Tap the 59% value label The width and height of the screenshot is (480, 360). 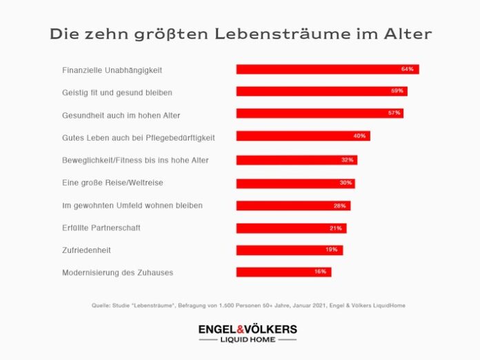click(x=397, y=92)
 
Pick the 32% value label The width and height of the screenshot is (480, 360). click(x=347, y=160)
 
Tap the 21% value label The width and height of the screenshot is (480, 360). click(x=336, y=228)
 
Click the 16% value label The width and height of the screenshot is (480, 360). click(x=320, y=272)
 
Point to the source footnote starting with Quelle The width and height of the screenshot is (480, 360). click(x=248, y=305)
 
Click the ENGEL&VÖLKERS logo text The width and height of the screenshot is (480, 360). click(x=248, y=329)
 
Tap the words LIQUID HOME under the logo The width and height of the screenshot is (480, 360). click(x=248, y=340)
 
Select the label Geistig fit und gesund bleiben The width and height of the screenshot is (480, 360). click(x=117, y=92)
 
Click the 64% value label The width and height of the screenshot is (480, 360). click(x=407, y=70)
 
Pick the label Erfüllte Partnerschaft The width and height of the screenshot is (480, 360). click(x=101, y=228)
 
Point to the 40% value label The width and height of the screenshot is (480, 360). click(x=359, y=137)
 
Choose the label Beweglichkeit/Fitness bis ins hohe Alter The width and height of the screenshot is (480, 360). click(x=135, y=160)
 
